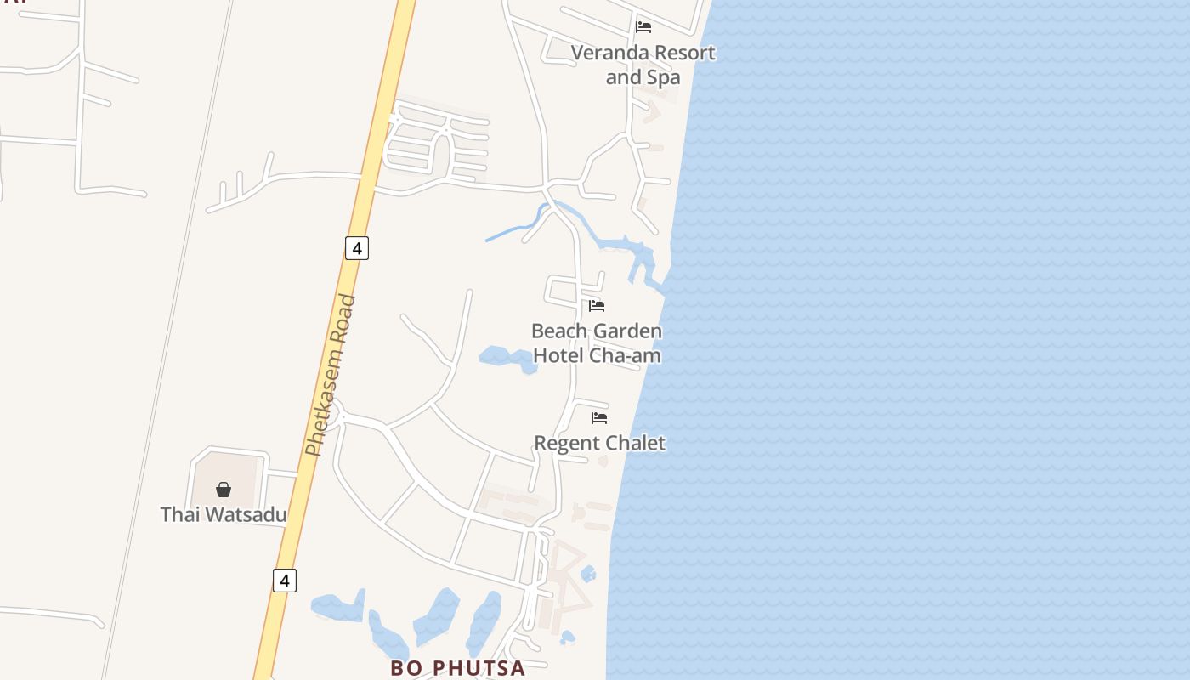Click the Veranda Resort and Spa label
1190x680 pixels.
click(x=643, y=65)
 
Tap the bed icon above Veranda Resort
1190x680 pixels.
click(x=643, y=27)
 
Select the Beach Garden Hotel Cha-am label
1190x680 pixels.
click(x=597, y=343)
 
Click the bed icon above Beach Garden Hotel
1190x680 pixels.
click(x=597, y=306)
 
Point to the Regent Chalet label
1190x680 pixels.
click(x=599, y=443)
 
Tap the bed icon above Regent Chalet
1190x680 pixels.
click(x=599, y=418)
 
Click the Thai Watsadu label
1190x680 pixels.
click(x=223, y=514)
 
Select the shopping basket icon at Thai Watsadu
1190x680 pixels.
click(x=224, y=490)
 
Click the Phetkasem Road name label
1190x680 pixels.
click(x=330, y=376)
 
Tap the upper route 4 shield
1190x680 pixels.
click(x=357, y=248)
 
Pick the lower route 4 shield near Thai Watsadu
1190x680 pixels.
click(x=285, y=581)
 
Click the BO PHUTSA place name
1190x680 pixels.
click(x=457, y=668)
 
